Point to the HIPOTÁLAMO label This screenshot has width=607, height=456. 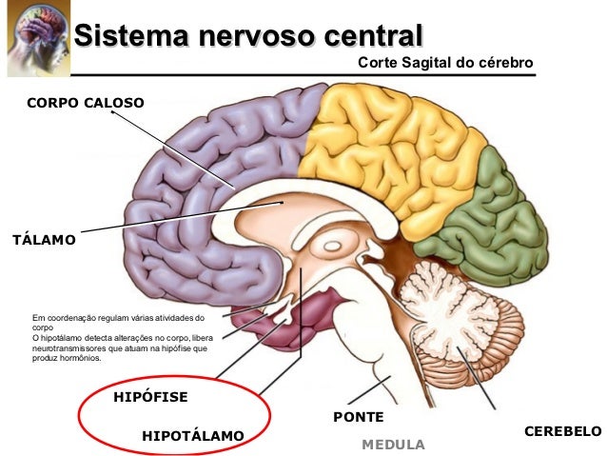pos(192,435)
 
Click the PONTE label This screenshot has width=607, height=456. pos(358,417)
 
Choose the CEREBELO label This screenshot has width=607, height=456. pos(562,431)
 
